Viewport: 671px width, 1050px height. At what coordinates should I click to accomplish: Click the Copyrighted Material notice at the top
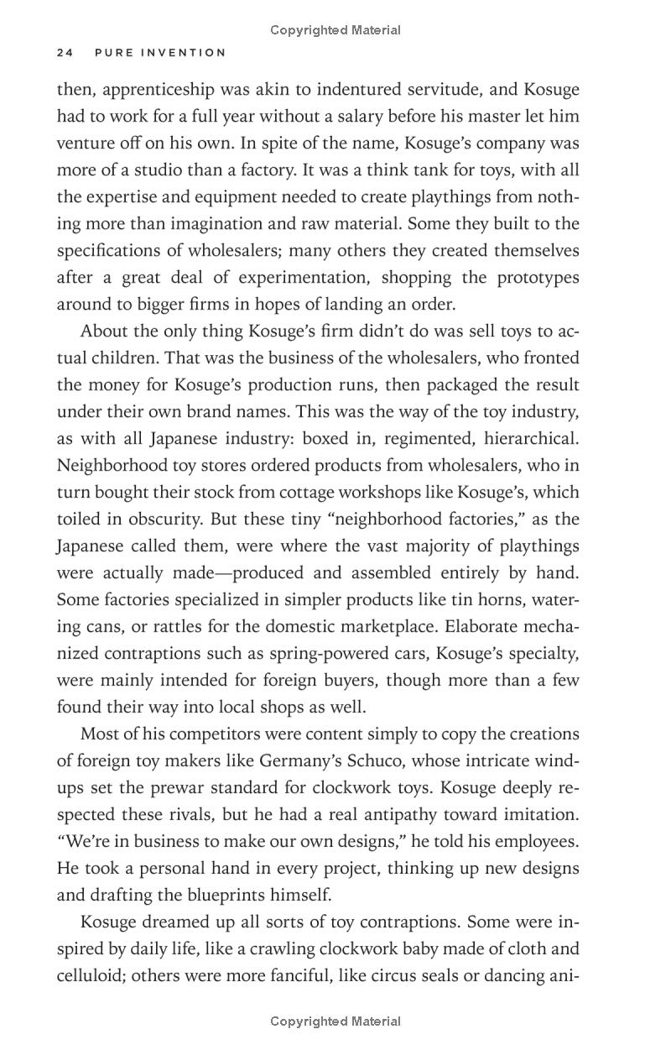point(335,30)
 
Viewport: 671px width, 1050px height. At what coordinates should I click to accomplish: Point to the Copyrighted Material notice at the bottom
point(335,1021)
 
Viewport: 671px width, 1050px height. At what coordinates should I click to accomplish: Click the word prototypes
point(534,278)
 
